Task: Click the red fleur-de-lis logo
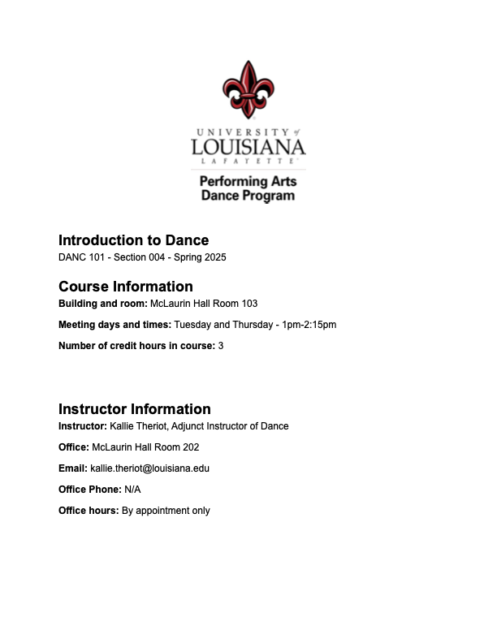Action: point(248,88)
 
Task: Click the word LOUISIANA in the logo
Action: point(248,147)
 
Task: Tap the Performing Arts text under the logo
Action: point(248,181)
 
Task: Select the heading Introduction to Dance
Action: point(133,240)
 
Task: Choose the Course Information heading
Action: point(126,287)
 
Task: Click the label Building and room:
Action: point(102,304)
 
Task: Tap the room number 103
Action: point(249,304)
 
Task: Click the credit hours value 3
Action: point(221,346)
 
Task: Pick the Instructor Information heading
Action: point(135,409)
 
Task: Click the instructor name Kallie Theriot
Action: point(138,426)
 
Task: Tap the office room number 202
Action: point(191,447)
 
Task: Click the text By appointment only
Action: point(166,511)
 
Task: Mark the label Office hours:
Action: point(88,511)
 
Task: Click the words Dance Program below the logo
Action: point(248,196)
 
